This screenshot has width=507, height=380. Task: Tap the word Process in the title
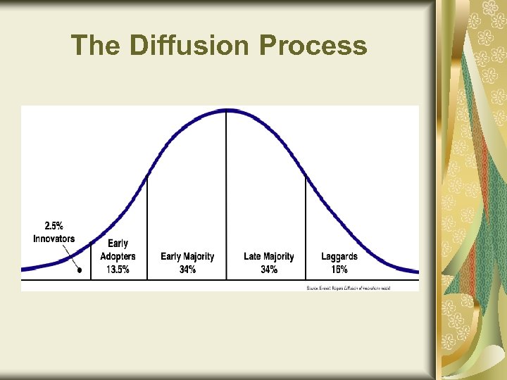(x=313, y=46)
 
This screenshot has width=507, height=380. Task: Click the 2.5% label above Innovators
(x=54, y=226)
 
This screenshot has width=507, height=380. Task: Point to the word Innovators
(x=54, y=239)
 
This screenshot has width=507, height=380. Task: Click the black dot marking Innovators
(x=80, y=270)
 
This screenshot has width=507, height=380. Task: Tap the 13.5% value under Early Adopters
(x=118, y=270)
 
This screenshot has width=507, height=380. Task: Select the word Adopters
(x=118, y=257)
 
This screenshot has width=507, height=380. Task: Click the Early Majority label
(x=187, y=257)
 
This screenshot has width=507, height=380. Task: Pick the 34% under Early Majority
(x=187, y=270)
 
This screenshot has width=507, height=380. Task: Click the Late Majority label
(x=269, y=257)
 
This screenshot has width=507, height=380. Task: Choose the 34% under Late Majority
(x=269, y=270)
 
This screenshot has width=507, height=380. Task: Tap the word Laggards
(x=339, y=257)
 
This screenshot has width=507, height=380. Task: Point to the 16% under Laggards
(x=339, y=270)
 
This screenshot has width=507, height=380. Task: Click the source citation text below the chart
(x=358, y=288)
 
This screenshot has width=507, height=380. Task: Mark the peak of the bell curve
(x=226, y=110)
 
